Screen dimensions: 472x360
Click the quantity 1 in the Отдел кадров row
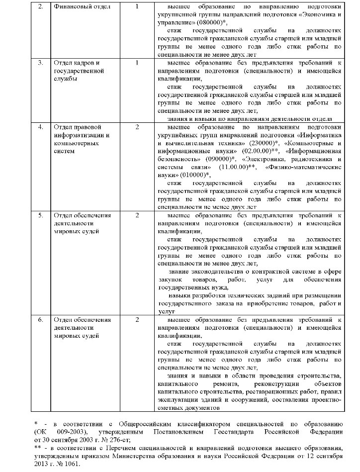(x=137, y=63)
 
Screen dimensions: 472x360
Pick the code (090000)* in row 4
(x=206, y=159)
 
